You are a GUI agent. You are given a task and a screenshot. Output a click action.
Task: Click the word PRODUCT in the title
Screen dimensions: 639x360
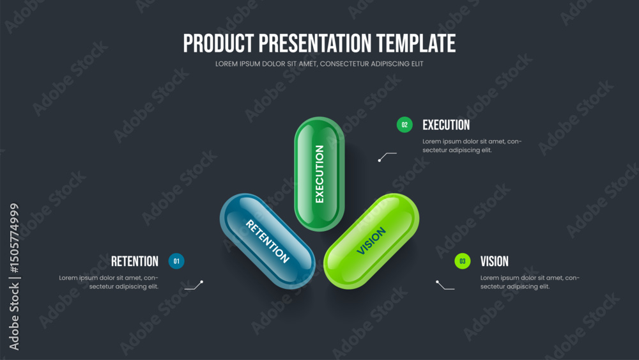point(219,43)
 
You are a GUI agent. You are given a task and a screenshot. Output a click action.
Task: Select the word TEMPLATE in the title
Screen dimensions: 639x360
point(416,43)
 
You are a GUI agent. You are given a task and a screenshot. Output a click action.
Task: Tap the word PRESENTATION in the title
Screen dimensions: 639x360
point(315,43)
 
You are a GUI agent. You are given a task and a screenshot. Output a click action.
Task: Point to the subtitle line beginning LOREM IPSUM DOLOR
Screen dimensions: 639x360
point(319,64)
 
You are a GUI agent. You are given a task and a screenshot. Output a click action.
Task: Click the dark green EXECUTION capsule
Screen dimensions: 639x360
point(319,174)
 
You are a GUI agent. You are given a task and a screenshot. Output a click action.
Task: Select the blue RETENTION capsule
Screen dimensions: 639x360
point(267,241)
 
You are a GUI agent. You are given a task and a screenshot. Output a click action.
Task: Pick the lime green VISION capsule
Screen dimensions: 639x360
point(371,241)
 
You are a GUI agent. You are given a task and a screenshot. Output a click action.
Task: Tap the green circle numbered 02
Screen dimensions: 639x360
point(404,125)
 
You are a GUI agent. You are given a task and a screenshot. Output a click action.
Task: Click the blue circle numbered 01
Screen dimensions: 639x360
point(176,261)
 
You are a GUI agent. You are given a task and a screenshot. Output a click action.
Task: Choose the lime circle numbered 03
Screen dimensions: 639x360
point(463,261)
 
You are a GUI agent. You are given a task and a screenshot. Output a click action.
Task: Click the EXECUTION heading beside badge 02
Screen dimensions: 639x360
point(446,125)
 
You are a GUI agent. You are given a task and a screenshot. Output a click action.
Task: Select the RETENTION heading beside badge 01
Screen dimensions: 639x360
point(134,262)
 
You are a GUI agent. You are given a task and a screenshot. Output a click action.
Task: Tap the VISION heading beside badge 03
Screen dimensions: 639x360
point(495,262)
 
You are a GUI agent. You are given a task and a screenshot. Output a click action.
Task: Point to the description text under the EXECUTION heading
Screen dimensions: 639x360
point(472,146)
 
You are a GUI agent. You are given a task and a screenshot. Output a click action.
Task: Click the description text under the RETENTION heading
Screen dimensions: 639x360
point(109,282)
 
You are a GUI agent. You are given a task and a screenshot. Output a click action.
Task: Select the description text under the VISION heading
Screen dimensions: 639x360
point(530,282)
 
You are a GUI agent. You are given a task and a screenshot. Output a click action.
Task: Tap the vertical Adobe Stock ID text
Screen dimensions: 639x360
point(14,277)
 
